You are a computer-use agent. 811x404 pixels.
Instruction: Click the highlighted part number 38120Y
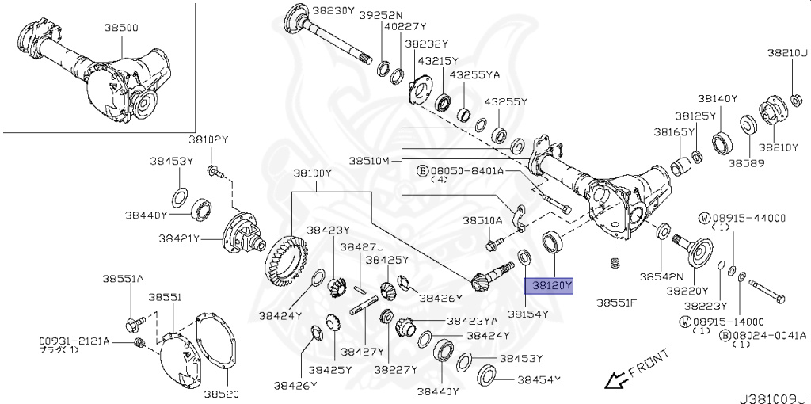[x=549, y=285]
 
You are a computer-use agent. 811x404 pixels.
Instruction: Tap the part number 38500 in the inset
[x=121, y=28]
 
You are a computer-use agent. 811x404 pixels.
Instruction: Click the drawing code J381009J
[x=773, y=398]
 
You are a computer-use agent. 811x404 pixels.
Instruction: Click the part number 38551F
[x=617, y=303]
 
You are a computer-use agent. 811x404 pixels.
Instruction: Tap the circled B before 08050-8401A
[x=422, y=170]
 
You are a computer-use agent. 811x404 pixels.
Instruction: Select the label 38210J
[x=786, y=53]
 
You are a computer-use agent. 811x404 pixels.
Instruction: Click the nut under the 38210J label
[x=797, y=97]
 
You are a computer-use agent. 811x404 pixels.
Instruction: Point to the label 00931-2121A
[x=74, y=341]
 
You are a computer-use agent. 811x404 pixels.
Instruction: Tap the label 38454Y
[x=539, y=380]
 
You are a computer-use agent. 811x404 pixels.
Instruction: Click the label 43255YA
[x=474, y=75]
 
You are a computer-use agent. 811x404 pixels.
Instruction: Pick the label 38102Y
[x=208, y=139]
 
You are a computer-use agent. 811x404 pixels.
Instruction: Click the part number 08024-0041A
[x=768, y=336]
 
